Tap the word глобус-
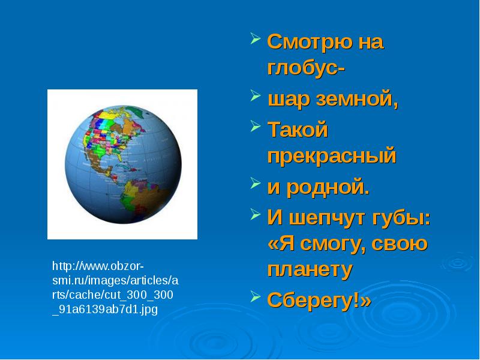306,67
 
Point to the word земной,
357,100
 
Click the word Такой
298,129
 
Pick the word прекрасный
332,156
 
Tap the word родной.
328,187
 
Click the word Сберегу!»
319,300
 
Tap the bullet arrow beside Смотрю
256,38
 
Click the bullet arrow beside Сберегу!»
256,296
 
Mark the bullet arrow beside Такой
256,126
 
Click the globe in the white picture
123,164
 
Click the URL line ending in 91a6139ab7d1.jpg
105,310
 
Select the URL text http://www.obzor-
98,266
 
